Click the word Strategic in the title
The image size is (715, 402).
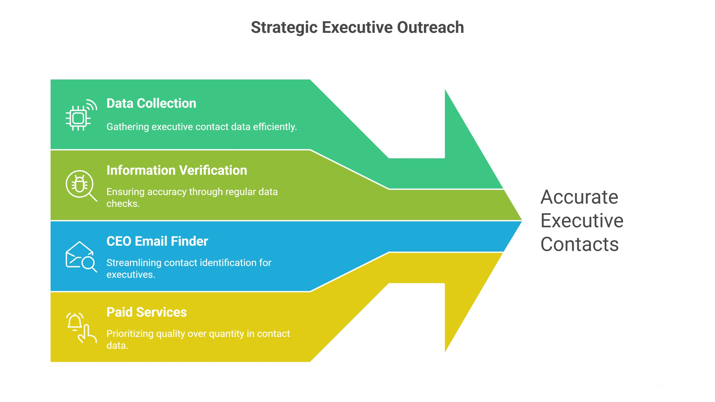tap(284, 27)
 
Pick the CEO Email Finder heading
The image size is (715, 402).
tap(157, 241)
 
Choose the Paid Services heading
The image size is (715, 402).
tap(147, 312)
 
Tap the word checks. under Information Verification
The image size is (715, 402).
tap(123, 204)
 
